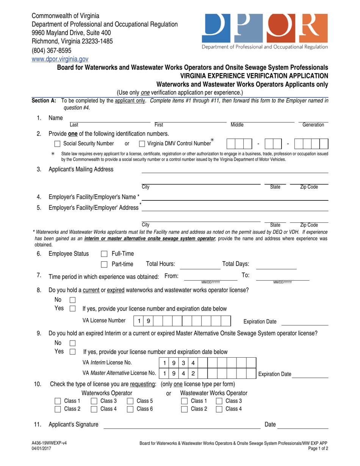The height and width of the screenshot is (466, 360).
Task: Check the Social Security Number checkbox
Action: coord(57,144)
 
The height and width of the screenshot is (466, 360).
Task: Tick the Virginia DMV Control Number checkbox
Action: coord(142,144)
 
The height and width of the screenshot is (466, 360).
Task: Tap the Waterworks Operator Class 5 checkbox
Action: coord(130,401)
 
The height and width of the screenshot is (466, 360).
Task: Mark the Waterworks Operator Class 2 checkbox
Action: coord(58,409)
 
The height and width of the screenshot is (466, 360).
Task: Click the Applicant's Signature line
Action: coord(182,425)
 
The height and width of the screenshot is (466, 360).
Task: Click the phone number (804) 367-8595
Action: coord(51,50)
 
